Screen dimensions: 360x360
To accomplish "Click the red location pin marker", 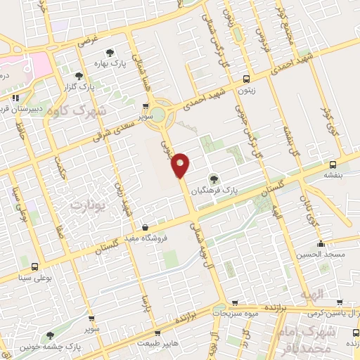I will pyautogui.click(x=181, y=165).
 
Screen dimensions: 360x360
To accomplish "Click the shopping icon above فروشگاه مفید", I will pyautogui.click(x=145, y=228).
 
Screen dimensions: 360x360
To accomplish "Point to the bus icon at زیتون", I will pyautogui.click(x=245, y=79).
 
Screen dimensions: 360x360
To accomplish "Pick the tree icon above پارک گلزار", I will pyautogui.click(x=79, y=76).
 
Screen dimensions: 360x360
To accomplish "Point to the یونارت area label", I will pyautogui.click(x=88, y=205).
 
